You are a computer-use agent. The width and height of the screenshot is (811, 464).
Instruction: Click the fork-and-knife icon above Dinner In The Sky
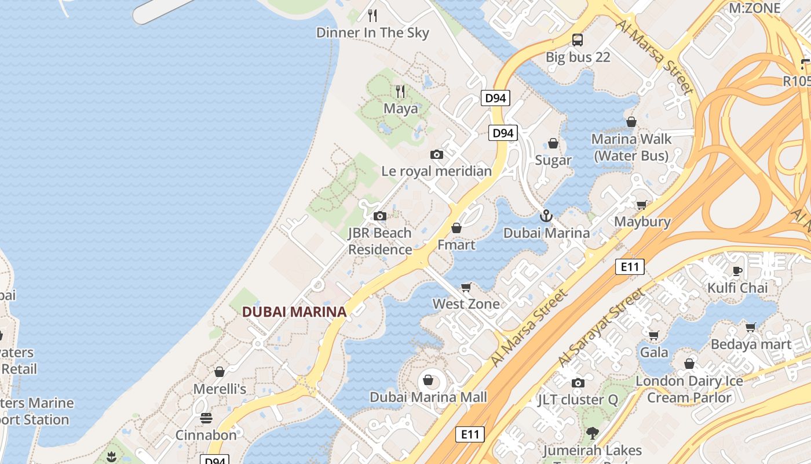click(x=372, y=15)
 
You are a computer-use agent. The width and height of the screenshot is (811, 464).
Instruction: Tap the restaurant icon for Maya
click(x=400, y=91)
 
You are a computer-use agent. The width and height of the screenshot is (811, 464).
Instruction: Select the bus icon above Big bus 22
click(x=578, y=40)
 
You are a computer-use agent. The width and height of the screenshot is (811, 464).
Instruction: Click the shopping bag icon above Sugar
click(x=553, y=143)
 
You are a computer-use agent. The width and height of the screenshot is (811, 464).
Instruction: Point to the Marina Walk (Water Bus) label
click(x=631, y=147)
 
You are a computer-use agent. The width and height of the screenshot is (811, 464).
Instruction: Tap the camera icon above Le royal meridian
click(x=437, y=154)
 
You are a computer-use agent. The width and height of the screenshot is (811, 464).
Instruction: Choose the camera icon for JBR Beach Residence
click(x=380, y=216)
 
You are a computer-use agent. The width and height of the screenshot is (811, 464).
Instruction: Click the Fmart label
click(x=456, y=245)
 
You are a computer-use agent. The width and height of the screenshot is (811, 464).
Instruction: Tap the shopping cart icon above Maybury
click(x=642, y=205)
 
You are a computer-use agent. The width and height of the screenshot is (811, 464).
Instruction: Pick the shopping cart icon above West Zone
click(x=466, y=287)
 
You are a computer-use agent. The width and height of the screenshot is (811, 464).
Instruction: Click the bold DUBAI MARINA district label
click(x=294, y=312)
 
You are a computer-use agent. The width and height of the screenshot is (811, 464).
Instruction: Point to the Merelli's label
click(x=220, y=389)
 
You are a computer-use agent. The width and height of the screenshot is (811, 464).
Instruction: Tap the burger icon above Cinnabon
click(x=206, y=418)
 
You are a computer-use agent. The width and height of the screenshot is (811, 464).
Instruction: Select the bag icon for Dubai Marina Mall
click(x=428, y=380)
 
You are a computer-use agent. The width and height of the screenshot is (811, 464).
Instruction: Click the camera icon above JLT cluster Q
click(x=578, y=383)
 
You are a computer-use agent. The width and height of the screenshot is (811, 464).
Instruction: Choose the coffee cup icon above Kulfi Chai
click(x=737, y=271)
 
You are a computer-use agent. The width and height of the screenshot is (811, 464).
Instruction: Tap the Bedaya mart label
click(x=751, y=344)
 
